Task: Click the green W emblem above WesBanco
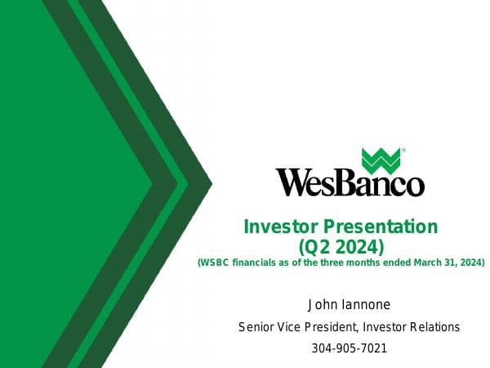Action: [381, 160]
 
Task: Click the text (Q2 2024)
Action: [341, 245]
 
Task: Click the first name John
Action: [321, 305]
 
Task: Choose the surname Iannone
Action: [364, 305]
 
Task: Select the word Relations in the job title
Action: [434, 327]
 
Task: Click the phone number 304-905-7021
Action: [349, 348]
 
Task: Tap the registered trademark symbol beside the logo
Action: [403, 151]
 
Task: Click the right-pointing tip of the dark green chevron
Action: [212, 182]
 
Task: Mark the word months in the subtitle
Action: [364, 263]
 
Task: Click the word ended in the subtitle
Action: [396, 263]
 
